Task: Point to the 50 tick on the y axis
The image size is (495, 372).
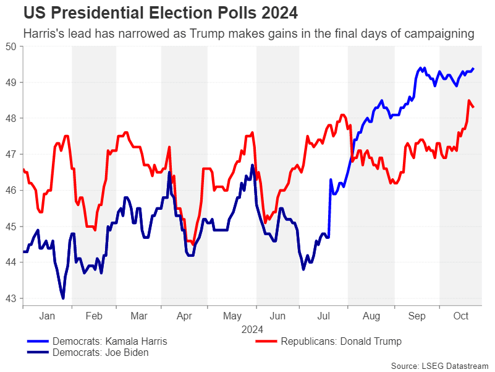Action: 11,46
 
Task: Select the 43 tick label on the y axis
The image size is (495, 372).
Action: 11,298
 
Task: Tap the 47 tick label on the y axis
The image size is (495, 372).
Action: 11,154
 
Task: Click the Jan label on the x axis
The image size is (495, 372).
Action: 48,316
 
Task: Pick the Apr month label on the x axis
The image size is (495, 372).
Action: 184,316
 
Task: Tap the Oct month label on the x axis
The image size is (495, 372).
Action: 461,316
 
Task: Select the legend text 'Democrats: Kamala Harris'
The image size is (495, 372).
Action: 110,341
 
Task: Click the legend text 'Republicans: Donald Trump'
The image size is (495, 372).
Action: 341,341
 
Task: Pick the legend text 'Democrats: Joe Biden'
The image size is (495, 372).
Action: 101,353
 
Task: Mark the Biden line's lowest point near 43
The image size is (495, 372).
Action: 63,298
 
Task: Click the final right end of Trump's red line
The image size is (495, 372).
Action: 473,107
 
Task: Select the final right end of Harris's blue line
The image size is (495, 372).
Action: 473,68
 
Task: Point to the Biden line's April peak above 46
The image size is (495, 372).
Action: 169,172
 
